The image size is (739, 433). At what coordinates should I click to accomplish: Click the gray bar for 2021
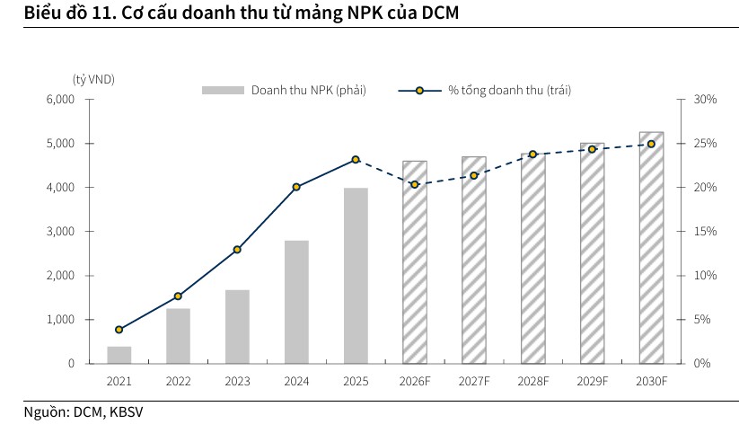(x=119, y=355)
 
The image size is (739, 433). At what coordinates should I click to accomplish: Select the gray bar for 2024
(x=296, y=302)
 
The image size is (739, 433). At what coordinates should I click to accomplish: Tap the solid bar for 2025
(x=356, y=276)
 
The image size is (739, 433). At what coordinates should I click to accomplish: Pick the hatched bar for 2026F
(x=415, y=262)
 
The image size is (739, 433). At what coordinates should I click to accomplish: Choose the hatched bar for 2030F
(x=651, y=248)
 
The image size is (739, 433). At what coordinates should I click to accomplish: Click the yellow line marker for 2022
(x=178, y=296)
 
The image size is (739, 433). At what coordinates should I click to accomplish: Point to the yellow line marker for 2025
(x=356, y=159)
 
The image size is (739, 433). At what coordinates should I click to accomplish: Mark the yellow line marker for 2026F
(x=415, y=184)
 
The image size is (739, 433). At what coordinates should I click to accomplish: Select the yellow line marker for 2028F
(x=532, y=155)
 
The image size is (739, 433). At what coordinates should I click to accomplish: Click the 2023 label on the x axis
(x=237, y=381)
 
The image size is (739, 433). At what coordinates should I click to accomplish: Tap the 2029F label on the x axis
(x=592, y=381)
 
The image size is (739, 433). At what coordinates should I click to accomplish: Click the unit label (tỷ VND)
(x=94, y=79)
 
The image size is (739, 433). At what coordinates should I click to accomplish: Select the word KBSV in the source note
(x=126, y=412)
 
